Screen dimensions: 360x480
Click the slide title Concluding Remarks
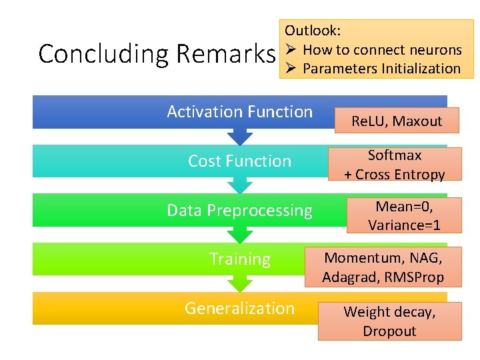click(x=157, y=54)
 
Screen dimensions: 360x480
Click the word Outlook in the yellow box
click(x=313, y=31)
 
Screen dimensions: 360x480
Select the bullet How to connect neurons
click(x=382, y=50)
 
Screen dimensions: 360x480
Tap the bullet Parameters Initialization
click(x=381, y=69)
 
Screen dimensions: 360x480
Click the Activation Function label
click(x=239, y=112)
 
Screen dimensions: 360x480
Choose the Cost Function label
click(x=239, y=161)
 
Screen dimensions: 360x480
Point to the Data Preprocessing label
click(x=239, y=211)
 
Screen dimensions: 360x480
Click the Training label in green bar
click(x=239, y=259)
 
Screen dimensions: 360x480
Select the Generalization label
click(x=239, y=309)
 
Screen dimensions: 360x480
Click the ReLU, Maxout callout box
click(x=397, y=121)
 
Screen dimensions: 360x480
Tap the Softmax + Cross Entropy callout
click(x=395, y=165)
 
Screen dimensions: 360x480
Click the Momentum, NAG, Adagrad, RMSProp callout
click(x=383, y=267)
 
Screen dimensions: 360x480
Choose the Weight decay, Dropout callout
click(x=389, y=321)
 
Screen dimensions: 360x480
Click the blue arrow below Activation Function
click(x=240, y=137)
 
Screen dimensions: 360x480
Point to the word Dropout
click(x=389, y=331)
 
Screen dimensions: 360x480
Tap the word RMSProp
click(x=414, y=277)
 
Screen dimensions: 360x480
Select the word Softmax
click(x=395, y=155)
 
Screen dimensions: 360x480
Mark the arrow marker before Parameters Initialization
click(x=291, y=69)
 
